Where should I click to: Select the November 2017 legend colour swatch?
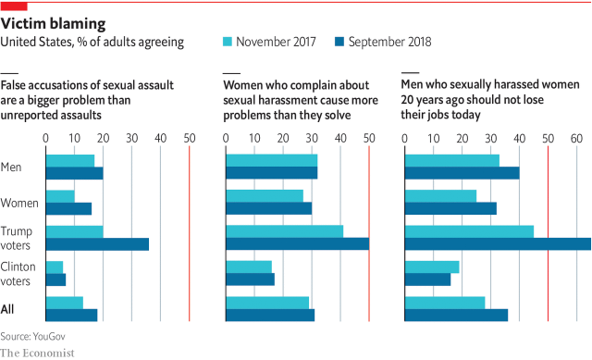click(228, 42)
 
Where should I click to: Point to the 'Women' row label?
click(19, 203)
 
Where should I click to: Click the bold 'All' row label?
click(10, 309)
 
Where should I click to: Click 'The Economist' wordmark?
click(37, 352)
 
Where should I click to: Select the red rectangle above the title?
click(13, 5)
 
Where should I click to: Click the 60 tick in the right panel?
click(576, 138)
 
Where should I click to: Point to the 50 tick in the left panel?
click(189, 138)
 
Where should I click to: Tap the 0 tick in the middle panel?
click(227, 138)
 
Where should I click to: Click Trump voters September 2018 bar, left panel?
click(97, 244)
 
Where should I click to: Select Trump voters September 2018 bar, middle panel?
click(298, 244)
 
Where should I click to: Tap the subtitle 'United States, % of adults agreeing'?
click(92, 42)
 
